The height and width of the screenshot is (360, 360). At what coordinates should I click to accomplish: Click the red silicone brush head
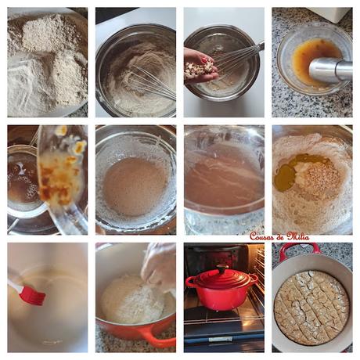click(32, 295)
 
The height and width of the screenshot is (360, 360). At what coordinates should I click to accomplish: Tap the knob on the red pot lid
click(221, 268)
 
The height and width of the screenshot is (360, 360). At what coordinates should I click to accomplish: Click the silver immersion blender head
click(329, 70)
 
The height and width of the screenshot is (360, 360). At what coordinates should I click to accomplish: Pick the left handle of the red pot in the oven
click(190, 280)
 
